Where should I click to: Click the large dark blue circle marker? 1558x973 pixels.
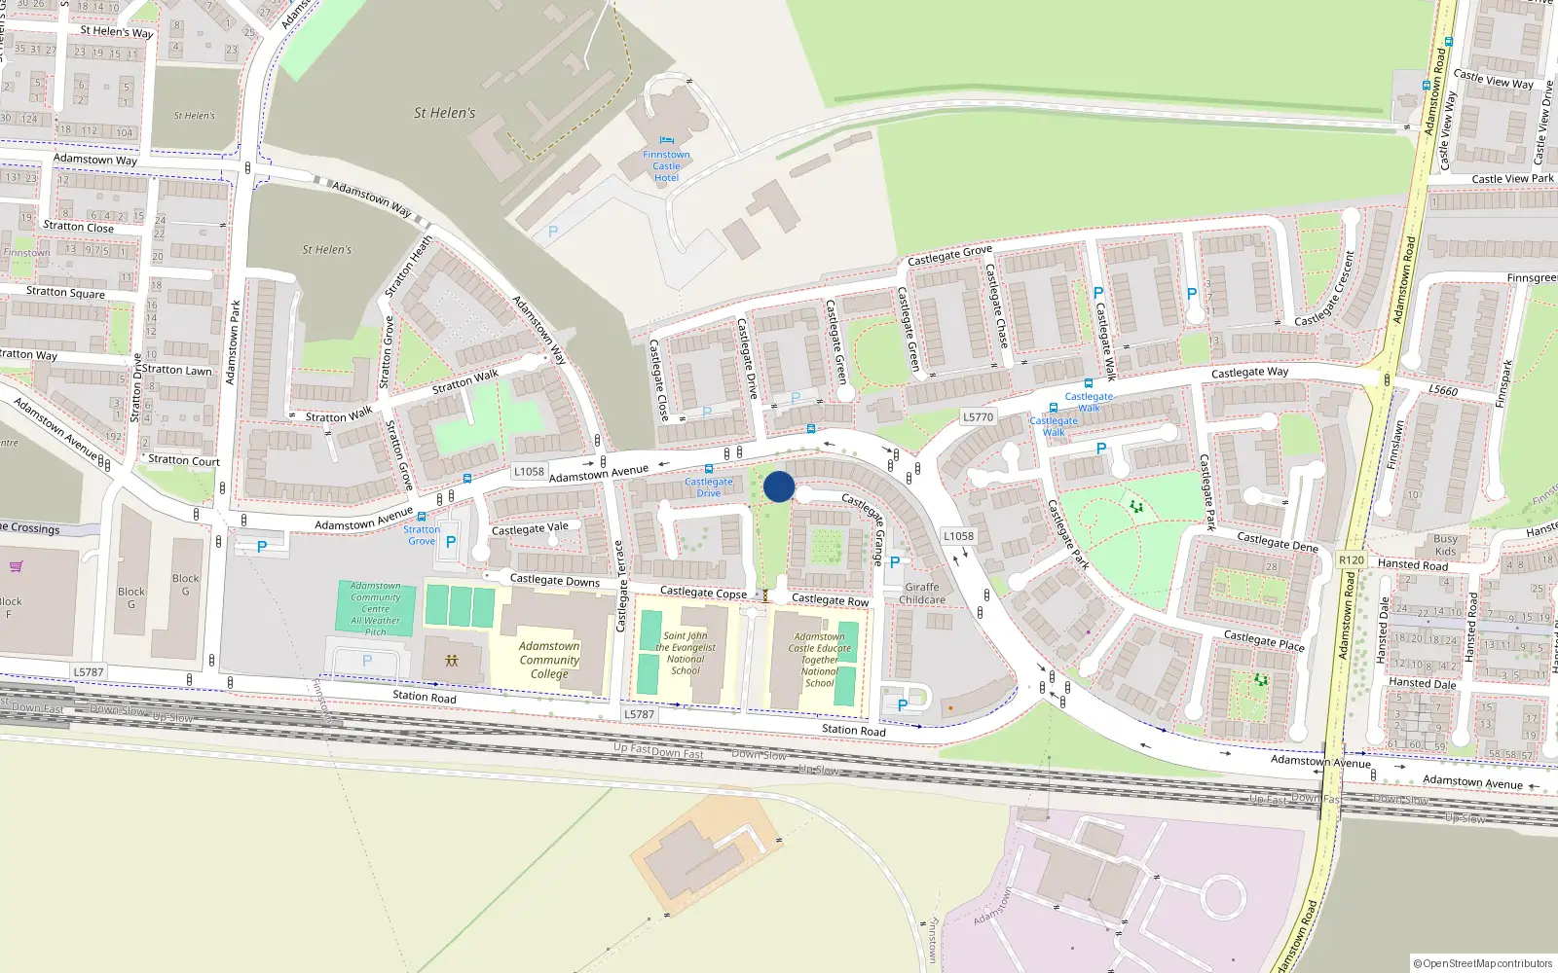coord(779,486)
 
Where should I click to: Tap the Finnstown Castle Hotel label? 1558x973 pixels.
coord(666,166)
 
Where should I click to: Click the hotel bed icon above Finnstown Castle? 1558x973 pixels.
coord(666,141)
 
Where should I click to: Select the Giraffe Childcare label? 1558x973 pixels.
coord(922,594)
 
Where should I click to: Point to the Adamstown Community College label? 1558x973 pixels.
coord(549,660)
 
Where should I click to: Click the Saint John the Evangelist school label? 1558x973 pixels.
coord(686,653)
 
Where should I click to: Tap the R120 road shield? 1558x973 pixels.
coord(1352,559)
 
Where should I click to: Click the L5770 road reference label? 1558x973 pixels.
coord(978,417)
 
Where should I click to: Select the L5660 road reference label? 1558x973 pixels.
coord(1443,390)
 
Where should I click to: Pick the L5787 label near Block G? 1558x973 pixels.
coord(89,672)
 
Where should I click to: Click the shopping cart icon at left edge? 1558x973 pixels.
coord(16,566)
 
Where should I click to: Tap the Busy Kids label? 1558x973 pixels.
coord(1446,545)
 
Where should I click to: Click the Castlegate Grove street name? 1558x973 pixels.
coord(949,255)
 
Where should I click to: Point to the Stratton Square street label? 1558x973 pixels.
coord(65,292)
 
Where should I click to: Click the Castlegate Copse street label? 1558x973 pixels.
coord(703,593)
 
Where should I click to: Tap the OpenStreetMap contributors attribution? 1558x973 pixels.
coord(1483,963)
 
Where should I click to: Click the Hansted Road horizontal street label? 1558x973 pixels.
coord(1412,564)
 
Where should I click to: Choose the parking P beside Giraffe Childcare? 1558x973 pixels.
coord(895,562)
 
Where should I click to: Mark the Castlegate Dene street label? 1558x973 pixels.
coord(1277,541)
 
